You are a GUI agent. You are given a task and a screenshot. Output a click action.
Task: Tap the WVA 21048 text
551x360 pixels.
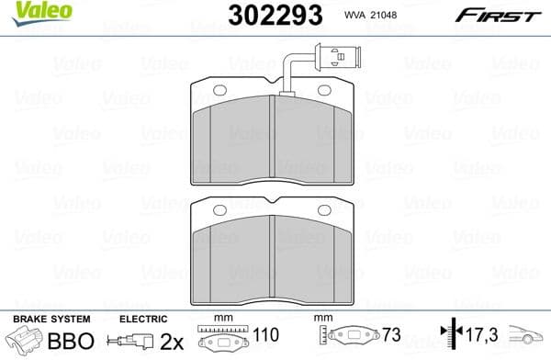point(367,17)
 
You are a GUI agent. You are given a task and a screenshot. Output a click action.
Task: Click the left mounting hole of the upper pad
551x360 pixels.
point(219,89)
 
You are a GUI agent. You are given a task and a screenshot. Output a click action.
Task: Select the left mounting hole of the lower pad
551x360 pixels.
point(219,211)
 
